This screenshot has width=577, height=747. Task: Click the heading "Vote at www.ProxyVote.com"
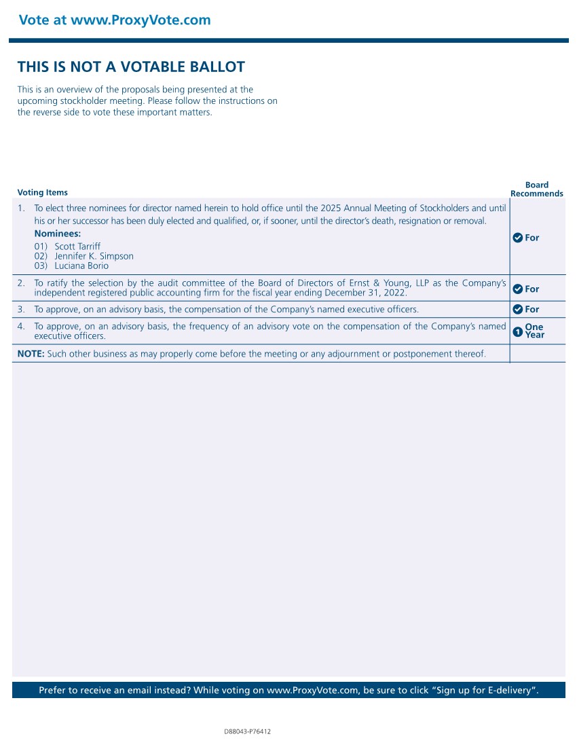115,20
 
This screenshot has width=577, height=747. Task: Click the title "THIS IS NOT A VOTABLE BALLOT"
131,67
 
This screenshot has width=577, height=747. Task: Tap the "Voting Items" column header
42,192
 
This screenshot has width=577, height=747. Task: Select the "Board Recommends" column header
536,189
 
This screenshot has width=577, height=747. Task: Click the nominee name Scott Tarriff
77,246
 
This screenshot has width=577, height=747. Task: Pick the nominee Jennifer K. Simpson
94,256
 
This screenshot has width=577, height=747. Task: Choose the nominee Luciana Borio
81,266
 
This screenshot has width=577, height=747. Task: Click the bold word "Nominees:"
58,234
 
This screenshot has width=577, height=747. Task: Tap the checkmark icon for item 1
517,238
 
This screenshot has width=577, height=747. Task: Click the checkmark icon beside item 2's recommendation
517,289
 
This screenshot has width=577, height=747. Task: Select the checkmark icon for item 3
517,310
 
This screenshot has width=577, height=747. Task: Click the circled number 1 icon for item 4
517,331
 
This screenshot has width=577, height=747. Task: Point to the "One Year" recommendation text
534,331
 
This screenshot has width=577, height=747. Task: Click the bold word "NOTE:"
31,354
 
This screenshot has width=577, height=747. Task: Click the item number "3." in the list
21,310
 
